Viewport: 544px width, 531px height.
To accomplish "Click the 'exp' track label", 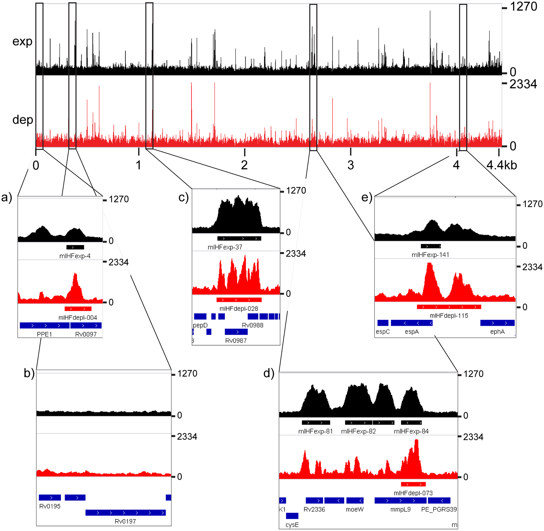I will pos(22,42).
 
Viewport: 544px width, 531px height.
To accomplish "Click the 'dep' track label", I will pos(23,120).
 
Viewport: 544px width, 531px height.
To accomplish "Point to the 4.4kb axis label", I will pos(501,165).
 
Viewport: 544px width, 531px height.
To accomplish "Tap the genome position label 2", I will pos(244,165).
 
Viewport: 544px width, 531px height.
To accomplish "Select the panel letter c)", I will pos(183,197).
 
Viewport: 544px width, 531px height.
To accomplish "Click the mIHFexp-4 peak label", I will pos(75,256).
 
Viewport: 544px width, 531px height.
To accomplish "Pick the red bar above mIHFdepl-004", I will pos(78,309).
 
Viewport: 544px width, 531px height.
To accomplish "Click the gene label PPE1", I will pos(45,334).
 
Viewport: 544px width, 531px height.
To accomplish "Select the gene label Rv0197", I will pos(125,521).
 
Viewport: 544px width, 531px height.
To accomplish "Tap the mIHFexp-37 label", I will pos(225,247).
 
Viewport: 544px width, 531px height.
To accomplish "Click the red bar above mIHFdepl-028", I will pos(239,300).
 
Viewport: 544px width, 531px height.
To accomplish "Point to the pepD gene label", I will pos(200,325).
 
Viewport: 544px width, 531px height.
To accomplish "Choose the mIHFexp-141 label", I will pos(430,255).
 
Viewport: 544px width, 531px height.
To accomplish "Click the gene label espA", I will pos(412,332).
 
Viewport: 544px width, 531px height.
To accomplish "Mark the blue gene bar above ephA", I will pos(497,323).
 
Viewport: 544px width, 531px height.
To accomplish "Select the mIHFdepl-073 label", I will pos(413,493).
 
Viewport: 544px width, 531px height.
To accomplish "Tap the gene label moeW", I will pos(355,510).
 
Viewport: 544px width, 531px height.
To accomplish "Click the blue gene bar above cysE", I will pos(292,516).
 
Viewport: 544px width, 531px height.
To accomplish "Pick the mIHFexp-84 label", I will pos(411,431).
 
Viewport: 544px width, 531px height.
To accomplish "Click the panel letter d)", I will pos(269,374).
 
